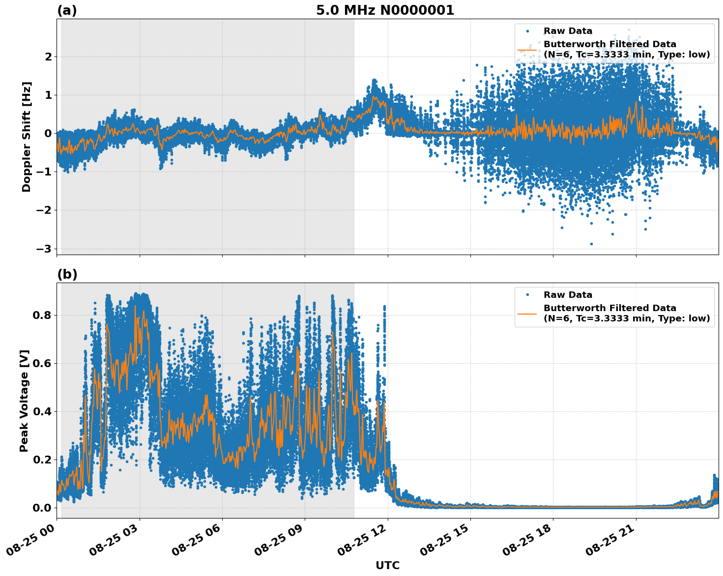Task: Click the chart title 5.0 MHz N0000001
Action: [x=385, y=10]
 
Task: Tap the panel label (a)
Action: [x=67, y=10]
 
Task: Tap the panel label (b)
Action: [x=67, y=274]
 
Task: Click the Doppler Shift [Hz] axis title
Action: [x=27, y=137]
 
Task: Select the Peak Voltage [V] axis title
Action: [x=25, y=401]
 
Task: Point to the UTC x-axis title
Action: [x=387, y=565]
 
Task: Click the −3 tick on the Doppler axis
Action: [x=44, y=249]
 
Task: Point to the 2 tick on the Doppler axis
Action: [x=48, y=57]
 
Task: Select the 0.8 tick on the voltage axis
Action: [x=42, y=315]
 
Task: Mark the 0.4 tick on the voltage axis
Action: [x=42, y=411]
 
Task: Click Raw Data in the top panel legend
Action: [x=568, y=31]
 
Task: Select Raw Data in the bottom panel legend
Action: [x=568, y=295]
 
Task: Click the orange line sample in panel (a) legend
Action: [x=527, y=50]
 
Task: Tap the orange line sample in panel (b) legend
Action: [x=527, y=314]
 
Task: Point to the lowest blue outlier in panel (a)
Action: [x=591, y=244]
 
